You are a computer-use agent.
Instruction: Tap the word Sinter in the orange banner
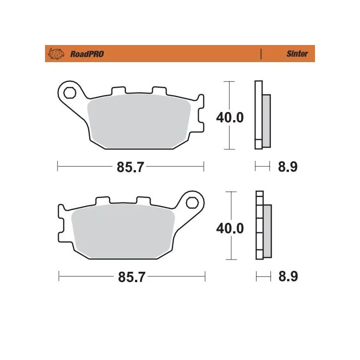coord(297,54)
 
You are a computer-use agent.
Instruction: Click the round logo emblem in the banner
coord(57,54)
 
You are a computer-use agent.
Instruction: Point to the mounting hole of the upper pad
coord(70,93)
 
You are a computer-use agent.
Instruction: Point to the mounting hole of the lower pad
coord(193,202)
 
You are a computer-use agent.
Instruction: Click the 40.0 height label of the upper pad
coord(229,118)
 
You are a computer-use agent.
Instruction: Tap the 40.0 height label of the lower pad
coord(229,228)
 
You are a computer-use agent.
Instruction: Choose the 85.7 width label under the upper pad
coord(130,167)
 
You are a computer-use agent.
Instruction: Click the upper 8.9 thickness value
coord(288,167)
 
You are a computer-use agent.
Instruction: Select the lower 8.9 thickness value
coord(288,277)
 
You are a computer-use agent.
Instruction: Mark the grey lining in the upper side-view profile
coord(266,120)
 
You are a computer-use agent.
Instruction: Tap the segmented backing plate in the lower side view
coord(259,225)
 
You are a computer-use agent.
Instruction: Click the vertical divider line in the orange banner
coord(261,54)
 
